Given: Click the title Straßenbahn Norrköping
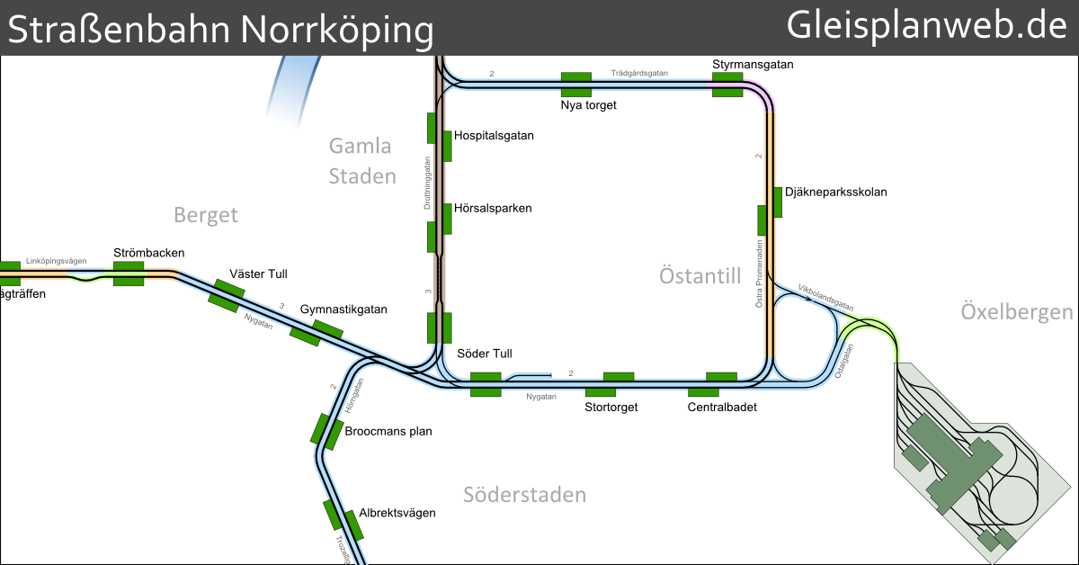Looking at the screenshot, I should point(220,30).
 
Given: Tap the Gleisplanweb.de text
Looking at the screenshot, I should point(927,26).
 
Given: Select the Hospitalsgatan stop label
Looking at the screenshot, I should point(494,136).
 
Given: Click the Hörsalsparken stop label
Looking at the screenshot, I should point(493,208).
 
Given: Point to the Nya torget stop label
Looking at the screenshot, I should point(588,105).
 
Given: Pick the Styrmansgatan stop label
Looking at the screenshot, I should point(753,65).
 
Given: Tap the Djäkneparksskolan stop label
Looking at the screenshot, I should point(835,192).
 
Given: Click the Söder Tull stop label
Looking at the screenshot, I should point(484,354).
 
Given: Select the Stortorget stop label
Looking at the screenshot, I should point(611,408).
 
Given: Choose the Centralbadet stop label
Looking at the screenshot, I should point(723,408).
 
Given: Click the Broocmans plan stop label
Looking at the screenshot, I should point(388,431).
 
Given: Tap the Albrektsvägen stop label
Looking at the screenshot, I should point(397,513).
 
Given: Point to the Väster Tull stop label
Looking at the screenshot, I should point(258,274).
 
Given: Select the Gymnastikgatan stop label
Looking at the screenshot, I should point(343,309).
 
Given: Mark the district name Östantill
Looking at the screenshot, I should point(700,275).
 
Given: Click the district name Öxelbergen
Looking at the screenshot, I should point(1017,312).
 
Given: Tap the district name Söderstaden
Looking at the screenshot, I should point(524,495).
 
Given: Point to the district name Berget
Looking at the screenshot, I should point(206,214).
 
